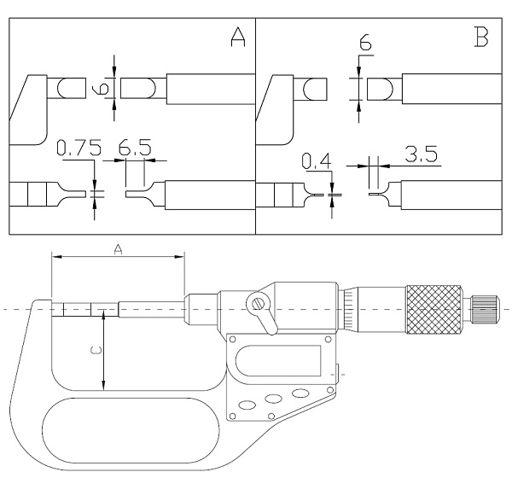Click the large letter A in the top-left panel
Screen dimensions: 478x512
click(x=237, y=38)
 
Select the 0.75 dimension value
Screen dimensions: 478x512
click(x=73, y=149)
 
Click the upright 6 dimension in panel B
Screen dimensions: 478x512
click(x=367, y=42)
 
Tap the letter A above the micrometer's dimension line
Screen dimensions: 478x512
click(x=119, y=248)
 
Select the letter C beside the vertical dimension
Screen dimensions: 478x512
click(x=96, y=350)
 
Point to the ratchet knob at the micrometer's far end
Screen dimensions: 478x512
click(x=485, y=308)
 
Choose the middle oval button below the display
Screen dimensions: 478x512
click(x=272, y=398)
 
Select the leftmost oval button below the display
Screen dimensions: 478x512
click(x=247, y=405)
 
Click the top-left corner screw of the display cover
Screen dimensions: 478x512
click(x=231, y=340)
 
